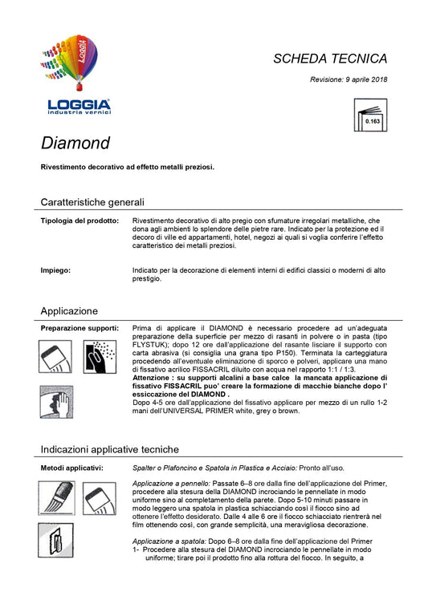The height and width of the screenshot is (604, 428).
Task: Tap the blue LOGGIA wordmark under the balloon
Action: pos(79,104)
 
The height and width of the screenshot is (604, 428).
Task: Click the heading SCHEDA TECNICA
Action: pos(330,59)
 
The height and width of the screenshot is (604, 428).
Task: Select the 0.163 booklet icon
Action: pos(371,116)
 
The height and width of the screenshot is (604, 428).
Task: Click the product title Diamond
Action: pos(75,144)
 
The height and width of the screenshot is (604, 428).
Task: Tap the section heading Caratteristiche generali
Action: pos(92,202)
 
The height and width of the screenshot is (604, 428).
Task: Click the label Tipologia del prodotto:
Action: pos(79,220)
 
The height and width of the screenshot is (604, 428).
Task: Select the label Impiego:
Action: pos(55,270)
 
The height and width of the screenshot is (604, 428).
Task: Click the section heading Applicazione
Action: pos(69,310)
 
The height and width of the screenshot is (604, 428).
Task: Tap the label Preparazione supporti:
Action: pos(79,328)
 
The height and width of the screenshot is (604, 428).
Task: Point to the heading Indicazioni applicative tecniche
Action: pos(109,449)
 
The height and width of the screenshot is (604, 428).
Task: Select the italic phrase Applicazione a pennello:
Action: pos(169,483)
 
